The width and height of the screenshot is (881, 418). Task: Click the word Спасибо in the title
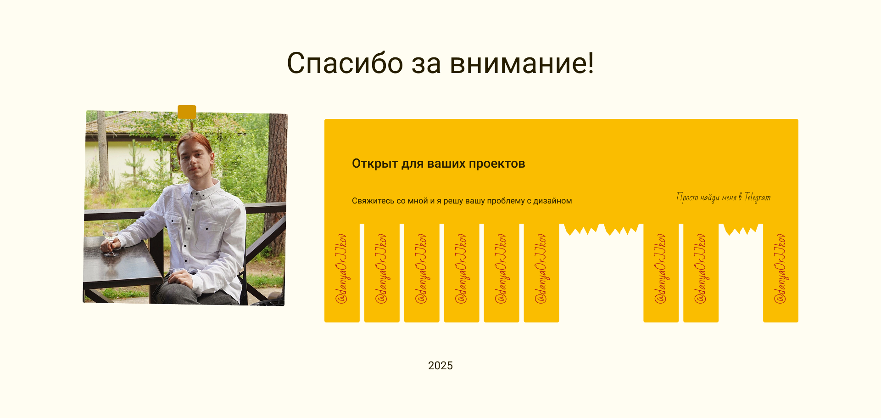pos(345,63)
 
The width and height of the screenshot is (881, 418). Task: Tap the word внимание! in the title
pos(522,63)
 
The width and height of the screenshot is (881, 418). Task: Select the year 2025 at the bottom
pos(440,366)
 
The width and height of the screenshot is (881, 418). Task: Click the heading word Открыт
pos(375,164)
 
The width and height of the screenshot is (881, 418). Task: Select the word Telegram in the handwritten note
pos(758,198)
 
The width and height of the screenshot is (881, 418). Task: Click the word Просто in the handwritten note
pos(687,197)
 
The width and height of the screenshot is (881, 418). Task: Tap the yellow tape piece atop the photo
pos(187,112)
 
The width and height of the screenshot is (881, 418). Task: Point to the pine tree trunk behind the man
pos(277,184)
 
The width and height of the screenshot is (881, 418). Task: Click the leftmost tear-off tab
pos(342,273)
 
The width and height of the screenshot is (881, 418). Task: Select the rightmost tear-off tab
pos(781,273)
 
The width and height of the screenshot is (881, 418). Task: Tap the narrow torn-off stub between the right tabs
pos(741,229)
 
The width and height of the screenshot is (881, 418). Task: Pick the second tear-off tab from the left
pos(382,273)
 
